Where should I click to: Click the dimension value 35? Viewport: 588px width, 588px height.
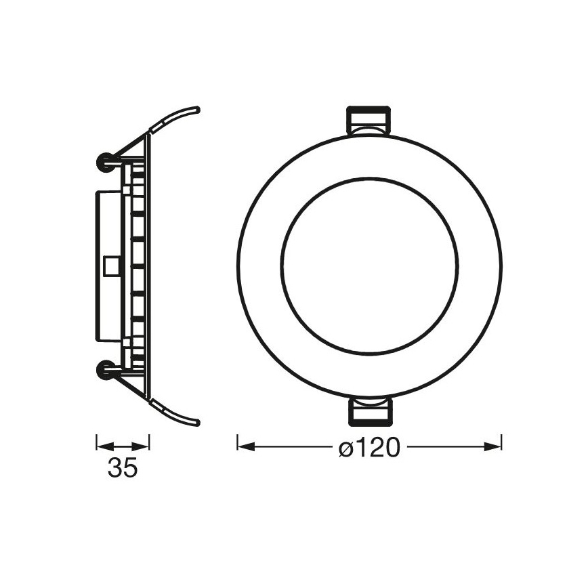[122, 467]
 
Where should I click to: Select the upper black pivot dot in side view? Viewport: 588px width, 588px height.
[106, 161]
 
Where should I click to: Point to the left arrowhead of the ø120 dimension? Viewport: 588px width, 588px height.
[244, 446]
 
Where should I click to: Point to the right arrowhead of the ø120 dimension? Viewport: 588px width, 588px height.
[494, 446]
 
